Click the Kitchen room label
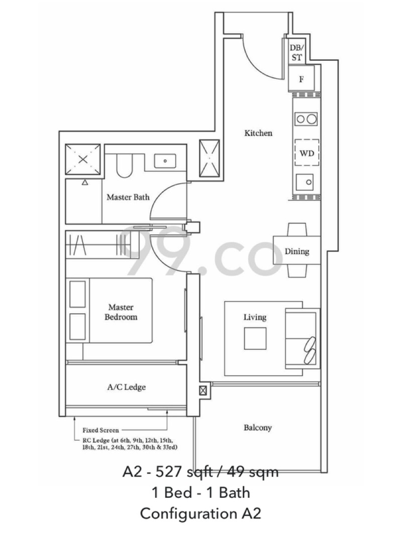(258, 133)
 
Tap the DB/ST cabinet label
(296, 53)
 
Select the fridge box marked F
(301, 79)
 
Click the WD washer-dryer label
(307, 153)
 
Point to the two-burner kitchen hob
(307, 119)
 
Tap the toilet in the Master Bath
(122, 166)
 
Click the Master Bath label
(128, 197)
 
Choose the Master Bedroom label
(121, 312)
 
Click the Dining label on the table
(296, 251)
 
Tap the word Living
(255, 317)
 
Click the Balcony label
(258, 428)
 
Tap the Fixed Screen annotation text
(100, 430)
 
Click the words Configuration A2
(200, 514)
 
